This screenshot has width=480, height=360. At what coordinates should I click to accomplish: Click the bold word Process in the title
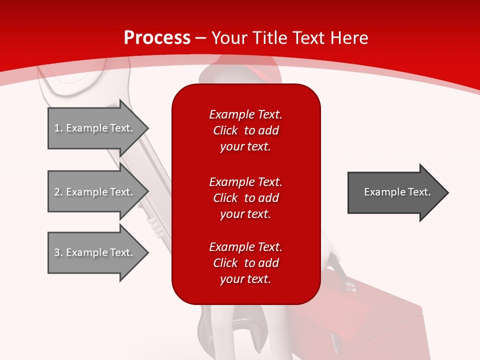pyautogui.click(x=157, y=38)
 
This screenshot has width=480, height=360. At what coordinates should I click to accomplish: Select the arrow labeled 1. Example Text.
pyautogui.click(x=95, y=128)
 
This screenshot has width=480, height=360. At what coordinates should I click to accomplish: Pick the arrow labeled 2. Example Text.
pyautogui.click(x=95, y=192)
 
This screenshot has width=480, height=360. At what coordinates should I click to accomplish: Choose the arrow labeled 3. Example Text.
pyautogui.click(x=95, y=252)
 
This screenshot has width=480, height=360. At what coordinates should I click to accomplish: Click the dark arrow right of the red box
pyautogui.click(x=395, y=192)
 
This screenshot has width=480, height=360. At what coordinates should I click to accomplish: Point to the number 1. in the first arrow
pyautogui.click(x=58, y=128)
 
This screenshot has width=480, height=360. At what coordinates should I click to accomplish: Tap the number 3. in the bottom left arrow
pyautogui.click(x=58, y=252)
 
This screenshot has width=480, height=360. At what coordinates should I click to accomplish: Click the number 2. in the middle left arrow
pyautogui.click(x=58, y=192)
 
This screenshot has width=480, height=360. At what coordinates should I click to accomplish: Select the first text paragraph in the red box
pyautogui.click(x=245, y=130)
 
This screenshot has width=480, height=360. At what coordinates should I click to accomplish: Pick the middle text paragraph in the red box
pyautogui.click(x=245, y=197)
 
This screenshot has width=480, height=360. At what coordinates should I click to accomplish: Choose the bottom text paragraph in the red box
pyautogui.click(x=245, y=263)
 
